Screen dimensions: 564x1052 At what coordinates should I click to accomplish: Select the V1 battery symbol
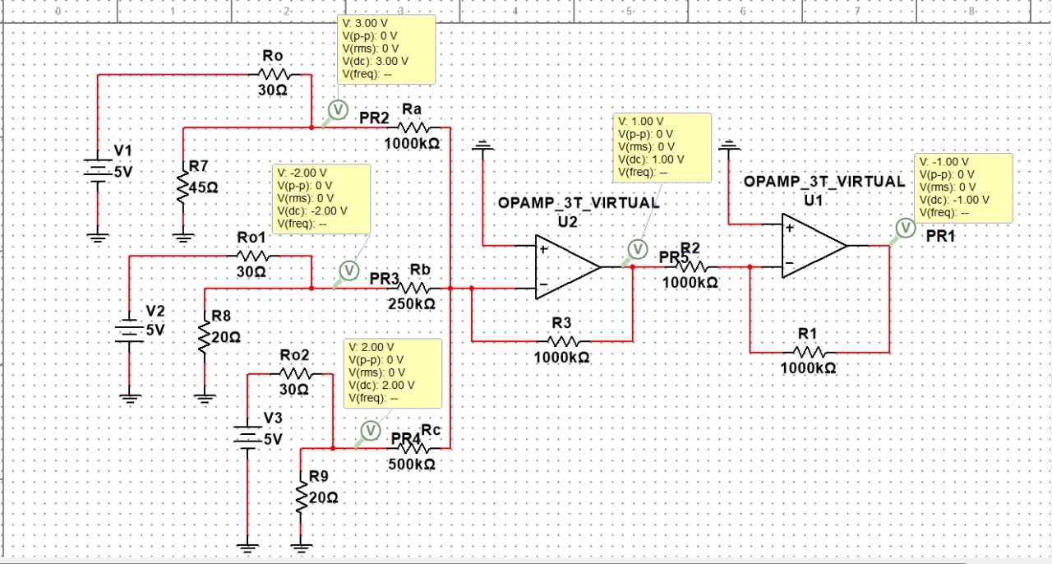(x=98, y=170)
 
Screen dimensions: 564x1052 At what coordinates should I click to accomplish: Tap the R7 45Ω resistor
(x=183, y=185)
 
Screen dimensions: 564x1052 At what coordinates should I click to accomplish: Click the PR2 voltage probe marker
(x=337, y=109)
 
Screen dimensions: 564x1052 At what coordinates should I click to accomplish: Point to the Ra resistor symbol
(x=413, y=127)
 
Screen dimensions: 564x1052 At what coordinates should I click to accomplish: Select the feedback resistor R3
(x=563, y=340)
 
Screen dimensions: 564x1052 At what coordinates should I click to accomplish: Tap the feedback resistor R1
(x=808, y=352)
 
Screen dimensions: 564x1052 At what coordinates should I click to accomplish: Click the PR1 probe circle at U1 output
(x=904, y=228)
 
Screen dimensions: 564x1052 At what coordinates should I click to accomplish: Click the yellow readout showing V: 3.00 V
(x=386, y=49)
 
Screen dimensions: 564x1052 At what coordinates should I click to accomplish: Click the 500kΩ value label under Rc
(x=412, y=465)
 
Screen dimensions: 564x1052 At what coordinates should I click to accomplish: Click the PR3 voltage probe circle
(x=348, y=270)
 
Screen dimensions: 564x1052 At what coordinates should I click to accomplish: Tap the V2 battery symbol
(x=129, y=326)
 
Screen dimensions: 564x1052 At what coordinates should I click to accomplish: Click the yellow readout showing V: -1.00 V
(x=963, y=187)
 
